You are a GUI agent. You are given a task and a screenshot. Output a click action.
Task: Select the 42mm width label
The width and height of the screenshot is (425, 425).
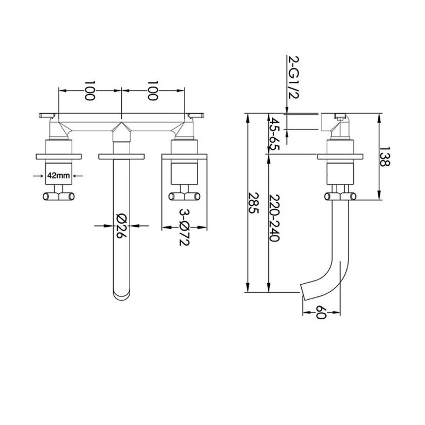point(57,174)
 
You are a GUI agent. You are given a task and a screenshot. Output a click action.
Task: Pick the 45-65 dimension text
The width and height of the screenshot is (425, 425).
point(275,134)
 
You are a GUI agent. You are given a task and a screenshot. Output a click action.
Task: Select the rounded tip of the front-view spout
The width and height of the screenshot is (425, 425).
point(122,294)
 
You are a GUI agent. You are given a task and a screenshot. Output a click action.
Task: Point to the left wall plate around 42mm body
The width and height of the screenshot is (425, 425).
point(58,156)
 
